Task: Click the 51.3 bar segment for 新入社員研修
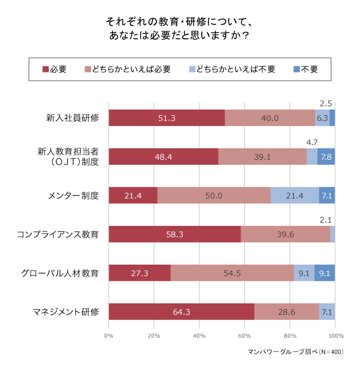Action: point(166,118)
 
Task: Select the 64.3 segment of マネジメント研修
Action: point(181,312)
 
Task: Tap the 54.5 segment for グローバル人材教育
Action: point(232,273)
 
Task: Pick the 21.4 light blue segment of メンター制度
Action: point(295,195)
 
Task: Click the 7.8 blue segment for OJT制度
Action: point(326,157)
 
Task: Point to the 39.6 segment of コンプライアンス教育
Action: point(285,235)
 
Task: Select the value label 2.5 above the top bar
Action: point(326,103)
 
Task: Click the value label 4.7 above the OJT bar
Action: point(311,142)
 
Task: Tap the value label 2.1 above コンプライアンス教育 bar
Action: point(326,220)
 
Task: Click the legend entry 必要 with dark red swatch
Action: point(54,69)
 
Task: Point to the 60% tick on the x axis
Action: point(244,336)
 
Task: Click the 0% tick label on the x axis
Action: point(109,336)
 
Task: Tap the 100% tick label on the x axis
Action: point(335,336)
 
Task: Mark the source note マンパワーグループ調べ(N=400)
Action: point(295,352)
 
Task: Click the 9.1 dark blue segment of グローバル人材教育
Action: point(325,273)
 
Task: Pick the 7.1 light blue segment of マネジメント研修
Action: point(327,312)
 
